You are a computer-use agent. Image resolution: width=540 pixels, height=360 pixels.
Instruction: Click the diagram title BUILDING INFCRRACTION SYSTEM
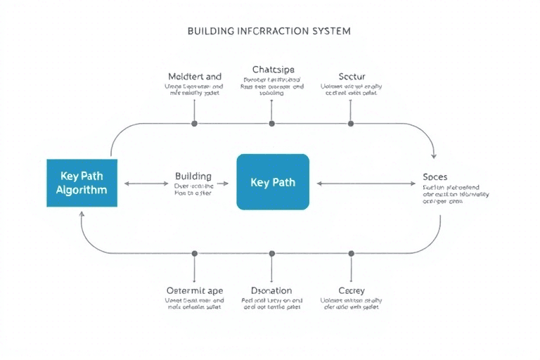pyautogui.click(x=269, y=32)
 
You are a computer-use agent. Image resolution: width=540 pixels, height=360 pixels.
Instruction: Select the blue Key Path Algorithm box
pyautogui.click(x=82, y=183)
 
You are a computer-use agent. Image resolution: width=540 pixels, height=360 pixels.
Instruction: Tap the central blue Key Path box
pyautogui.click(x=273, y=182)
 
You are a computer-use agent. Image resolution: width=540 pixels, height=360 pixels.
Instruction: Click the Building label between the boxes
pyautogui.click(x=193, y=176)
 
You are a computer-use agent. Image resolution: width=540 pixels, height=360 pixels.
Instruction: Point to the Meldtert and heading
pyautogui.click(x=195, y=76)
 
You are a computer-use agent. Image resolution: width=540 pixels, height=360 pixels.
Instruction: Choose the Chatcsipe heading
pyautogui.click(x=273, y=70)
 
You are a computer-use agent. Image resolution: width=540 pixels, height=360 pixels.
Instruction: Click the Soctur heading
pyautogui.click(x=352, y=76)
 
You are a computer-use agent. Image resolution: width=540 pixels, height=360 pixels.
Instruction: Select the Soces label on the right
pyautogui.click(x=435, y=176)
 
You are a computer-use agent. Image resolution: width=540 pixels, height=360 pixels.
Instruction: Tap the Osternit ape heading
pyautogui.click(x=193, y=290)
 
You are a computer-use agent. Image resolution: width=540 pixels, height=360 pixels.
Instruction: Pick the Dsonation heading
pyautogui.click(x=271, y=290)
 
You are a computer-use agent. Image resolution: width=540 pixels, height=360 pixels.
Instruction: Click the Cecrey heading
pyautogui.click(x=352, y=290)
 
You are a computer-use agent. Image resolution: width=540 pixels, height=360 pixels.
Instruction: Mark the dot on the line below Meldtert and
pyautogui.click(x=195, y=123)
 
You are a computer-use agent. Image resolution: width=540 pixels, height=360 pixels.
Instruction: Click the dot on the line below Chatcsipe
pyautogui.click(x=271, y=123)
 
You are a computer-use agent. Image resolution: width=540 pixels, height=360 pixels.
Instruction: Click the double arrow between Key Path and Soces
pyautogui.click(x=366, y=184)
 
